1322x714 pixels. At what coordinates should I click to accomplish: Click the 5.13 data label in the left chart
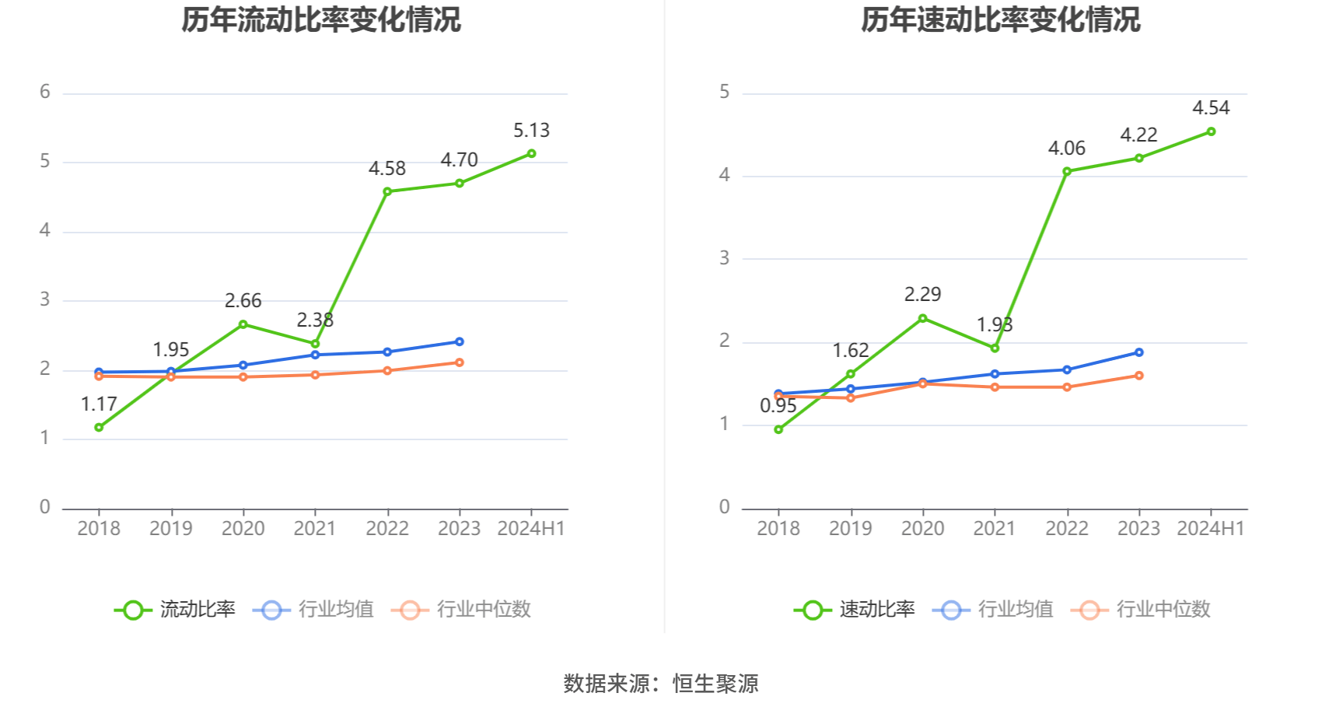pyautogui.click(x=531, y=130)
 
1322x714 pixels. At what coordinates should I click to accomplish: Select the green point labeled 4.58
pyautogui.click(x=387, y=191)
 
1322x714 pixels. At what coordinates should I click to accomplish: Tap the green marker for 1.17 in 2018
pyautogui.click(x=99, y=427)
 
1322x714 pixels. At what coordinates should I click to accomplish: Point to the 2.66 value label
pyautogui.click(x=243, y=300)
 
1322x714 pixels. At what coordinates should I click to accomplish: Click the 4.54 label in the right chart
pyautogui.click(x=1211, y=108)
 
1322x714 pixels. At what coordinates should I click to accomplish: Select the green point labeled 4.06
pyautogui.click(x=1067, y=171)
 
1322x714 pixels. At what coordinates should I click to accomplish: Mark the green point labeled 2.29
pyautogui.click(x=922, y=318)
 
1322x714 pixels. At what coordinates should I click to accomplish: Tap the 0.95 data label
pyautogui.click(x=778, y=406)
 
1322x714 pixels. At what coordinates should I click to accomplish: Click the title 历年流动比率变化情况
pyautogui.click(x=321, y=19)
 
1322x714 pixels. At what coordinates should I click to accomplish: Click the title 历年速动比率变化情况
pyautogui.click(x=1000, y=19)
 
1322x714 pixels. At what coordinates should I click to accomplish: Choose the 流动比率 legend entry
pyautogui.click(x=176, y=609)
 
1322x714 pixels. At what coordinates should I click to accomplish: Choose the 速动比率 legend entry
pyautogui.click(x=855, y=609)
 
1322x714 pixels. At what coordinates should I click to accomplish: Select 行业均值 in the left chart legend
pyautogui.click(x=314, y=609)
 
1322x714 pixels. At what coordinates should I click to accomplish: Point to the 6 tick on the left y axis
pyautogui.click(x=45, y=92)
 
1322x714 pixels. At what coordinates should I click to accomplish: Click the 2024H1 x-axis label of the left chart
pyautogui.click(x=531, y=528)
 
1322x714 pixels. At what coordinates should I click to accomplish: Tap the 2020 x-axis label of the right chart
pyautogui.click(x=922, y=528)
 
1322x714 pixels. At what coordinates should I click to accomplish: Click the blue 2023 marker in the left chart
pyautogui.click(x=459, y=341)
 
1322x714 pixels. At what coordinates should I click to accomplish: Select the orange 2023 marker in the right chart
pyautogui.click(x=1138, y=376)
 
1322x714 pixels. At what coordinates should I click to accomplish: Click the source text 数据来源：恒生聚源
pyautogui.click(x=660, y=683)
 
